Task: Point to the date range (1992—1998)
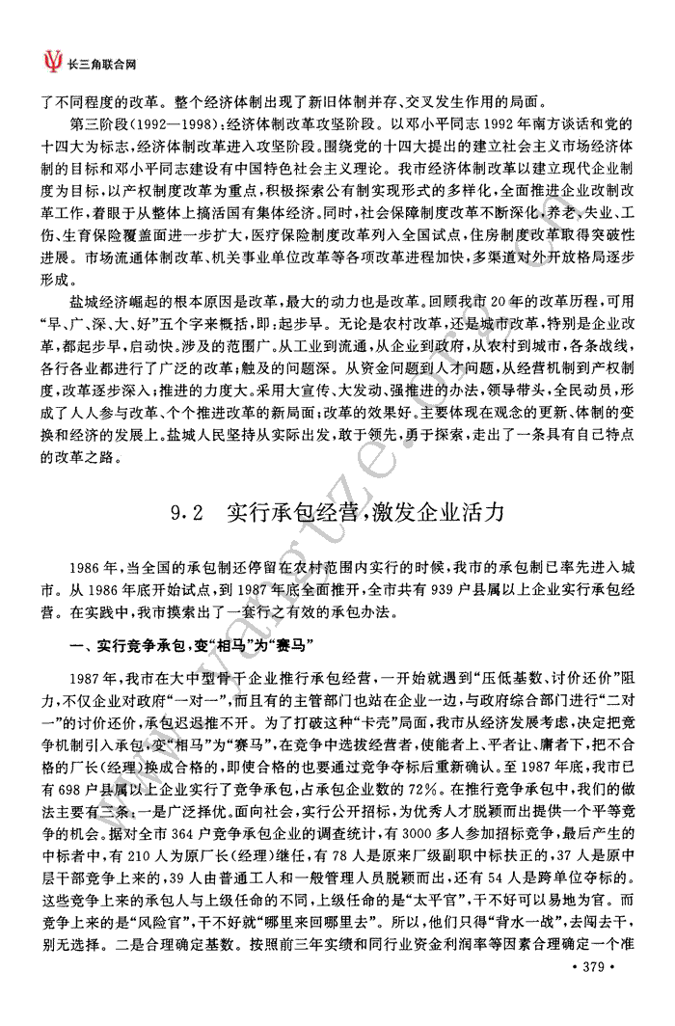[183, 124]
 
